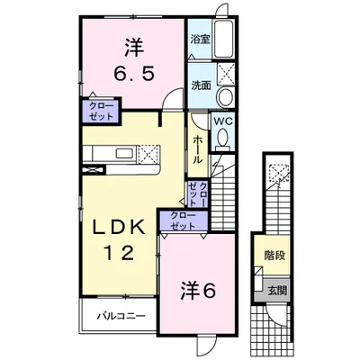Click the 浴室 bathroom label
point(201,40)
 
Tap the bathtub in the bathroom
point(224,39)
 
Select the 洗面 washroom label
point(202,85)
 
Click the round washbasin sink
point(226,96)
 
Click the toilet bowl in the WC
point(222,139)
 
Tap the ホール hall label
point(197,149)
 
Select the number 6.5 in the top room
point(134,74)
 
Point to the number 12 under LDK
point(119,253)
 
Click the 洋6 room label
point(198,291)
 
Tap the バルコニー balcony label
point(121,316)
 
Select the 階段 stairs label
point(274,256)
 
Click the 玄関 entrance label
point(277,291)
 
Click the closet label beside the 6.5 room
point(102,111)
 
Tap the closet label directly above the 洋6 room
point(183,220)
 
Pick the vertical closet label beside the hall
point(197,193)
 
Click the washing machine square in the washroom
point(226,73)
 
